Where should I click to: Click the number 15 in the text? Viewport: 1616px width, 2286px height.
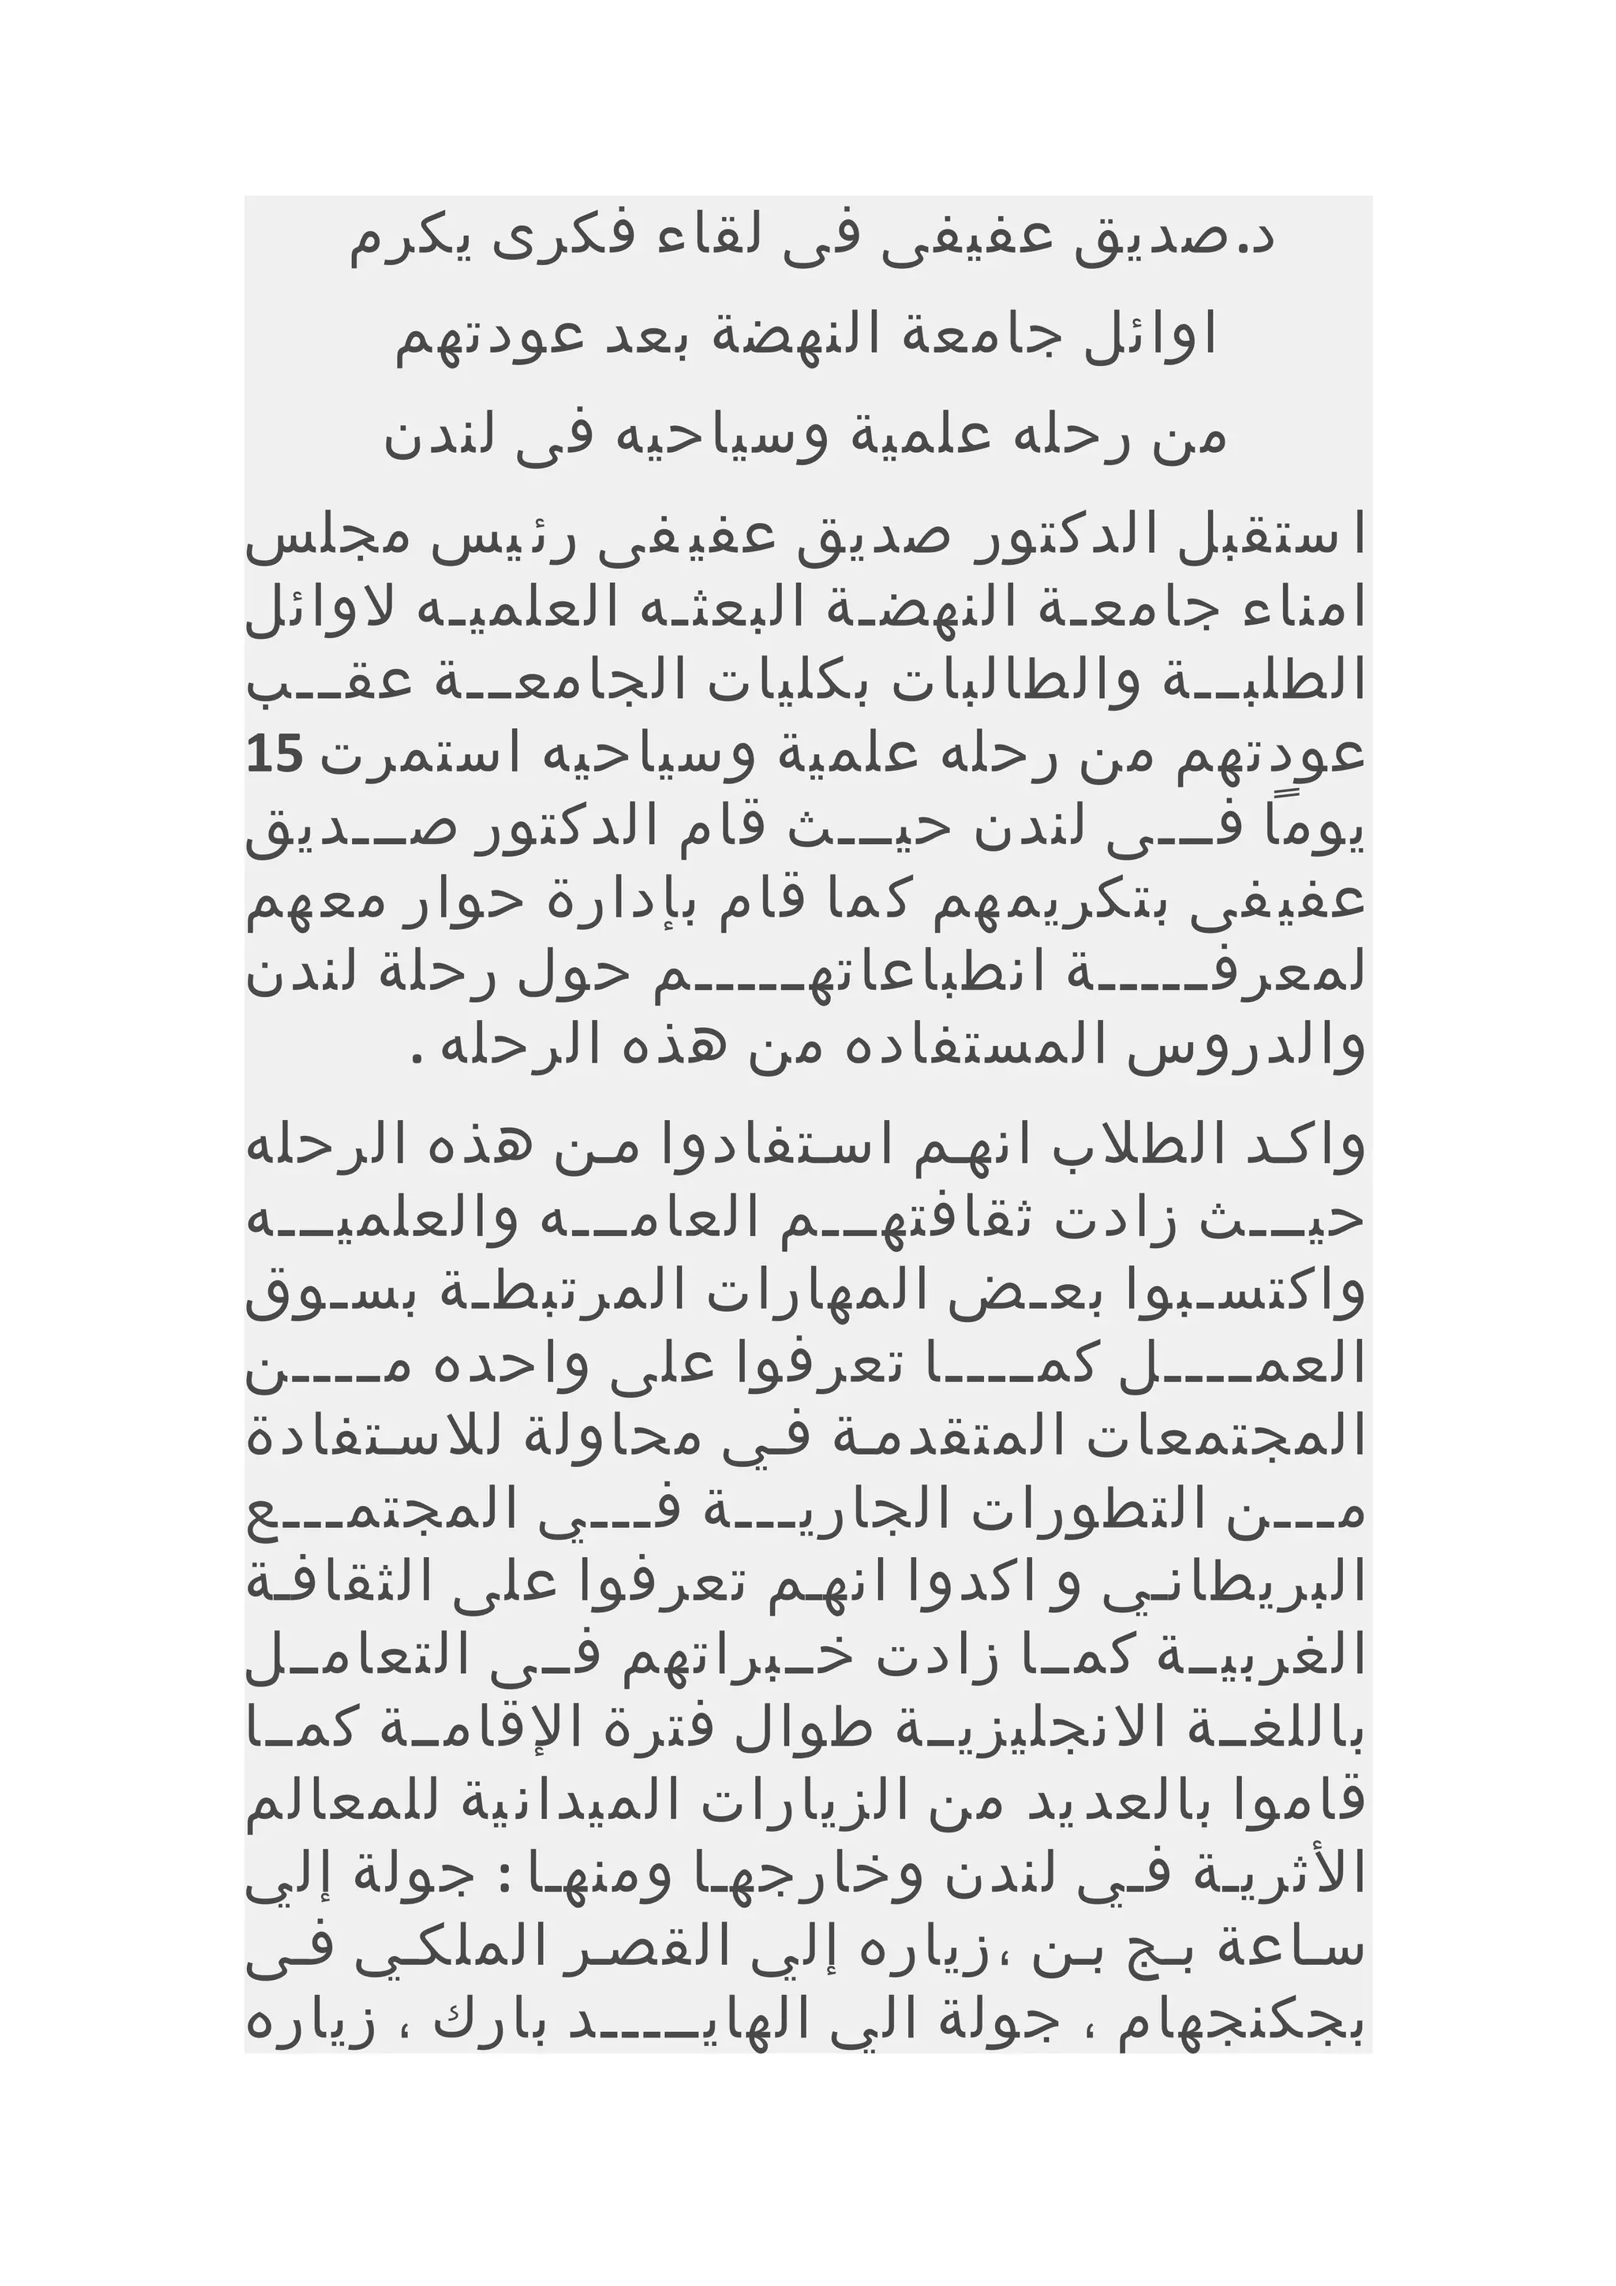(274, 756)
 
